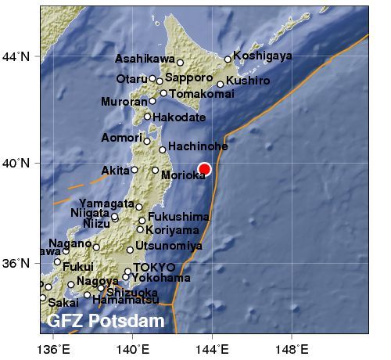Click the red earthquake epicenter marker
click(x=205, y=169)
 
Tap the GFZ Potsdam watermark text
click(x=106, y=321)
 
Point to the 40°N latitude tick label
click(x=15, y=163)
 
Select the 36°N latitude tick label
click(x=15, y=263)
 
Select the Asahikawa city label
click(x=144, y=59)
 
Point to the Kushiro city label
click(x=249, y=80)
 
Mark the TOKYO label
click(x=149, y=268)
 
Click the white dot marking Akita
click(x=135, y=170)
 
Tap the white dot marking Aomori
click(x=147, y=141)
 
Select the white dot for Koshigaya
click(x=228, y=59)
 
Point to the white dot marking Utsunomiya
click(x=131, y=250)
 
